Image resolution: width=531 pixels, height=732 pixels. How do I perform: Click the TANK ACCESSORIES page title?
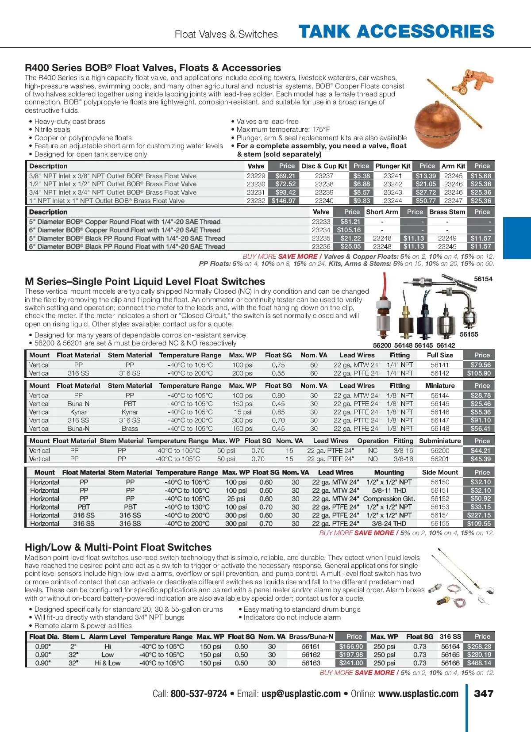396,32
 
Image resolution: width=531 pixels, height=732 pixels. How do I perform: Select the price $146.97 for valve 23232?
284,201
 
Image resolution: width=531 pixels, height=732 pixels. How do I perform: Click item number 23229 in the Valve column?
256,176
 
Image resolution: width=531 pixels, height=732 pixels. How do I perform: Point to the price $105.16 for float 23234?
349,230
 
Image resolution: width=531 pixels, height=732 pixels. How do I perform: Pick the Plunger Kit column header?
393,166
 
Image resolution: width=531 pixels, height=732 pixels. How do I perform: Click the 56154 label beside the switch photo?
483,279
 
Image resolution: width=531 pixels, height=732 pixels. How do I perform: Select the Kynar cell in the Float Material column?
78,412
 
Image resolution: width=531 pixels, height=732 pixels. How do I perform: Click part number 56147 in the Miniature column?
440,420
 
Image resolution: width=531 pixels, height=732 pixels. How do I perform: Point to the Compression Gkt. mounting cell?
389,498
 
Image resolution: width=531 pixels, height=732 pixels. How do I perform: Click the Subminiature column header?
440,441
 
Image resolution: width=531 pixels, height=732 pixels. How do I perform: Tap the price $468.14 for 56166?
479,663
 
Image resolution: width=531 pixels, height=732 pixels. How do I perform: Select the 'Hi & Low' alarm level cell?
108,663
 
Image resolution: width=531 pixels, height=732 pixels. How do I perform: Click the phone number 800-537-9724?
199,694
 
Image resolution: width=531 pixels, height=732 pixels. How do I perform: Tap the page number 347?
484,694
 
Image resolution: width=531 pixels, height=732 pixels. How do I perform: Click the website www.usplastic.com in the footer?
418,694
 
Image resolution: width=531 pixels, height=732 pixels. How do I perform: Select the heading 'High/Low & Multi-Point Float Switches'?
118,547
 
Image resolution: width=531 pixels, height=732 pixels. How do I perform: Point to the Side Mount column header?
440,472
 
